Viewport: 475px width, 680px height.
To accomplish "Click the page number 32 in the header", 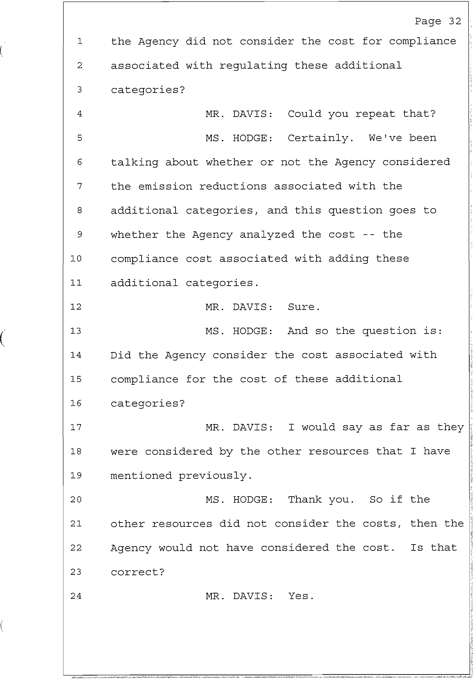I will coord(455,21).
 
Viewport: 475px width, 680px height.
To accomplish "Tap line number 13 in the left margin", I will coord(76,331).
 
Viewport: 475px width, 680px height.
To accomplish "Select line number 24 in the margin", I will coord(76,596).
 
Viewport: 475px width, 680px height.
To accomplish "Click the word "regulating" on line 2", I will coord(253,66).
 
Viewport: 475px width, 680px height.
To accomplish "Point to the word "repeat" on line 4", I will coord(375,114).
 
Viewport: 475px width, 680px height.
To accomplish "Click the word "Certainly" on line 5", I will coord(320,138).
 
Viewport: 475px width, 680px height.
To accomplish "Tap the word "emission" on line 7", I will coord(165,187).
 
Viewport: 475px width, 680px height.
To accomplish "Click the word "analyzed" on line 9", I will coord(267,235).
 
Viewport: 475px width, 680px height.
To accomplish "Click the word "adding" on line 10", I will coord(348,259).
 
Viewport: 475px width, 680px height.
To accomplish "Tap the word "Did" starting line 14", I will coord(121,355).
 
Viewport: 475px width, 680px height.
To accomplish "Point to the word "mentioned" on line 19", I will coord(141,476).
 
